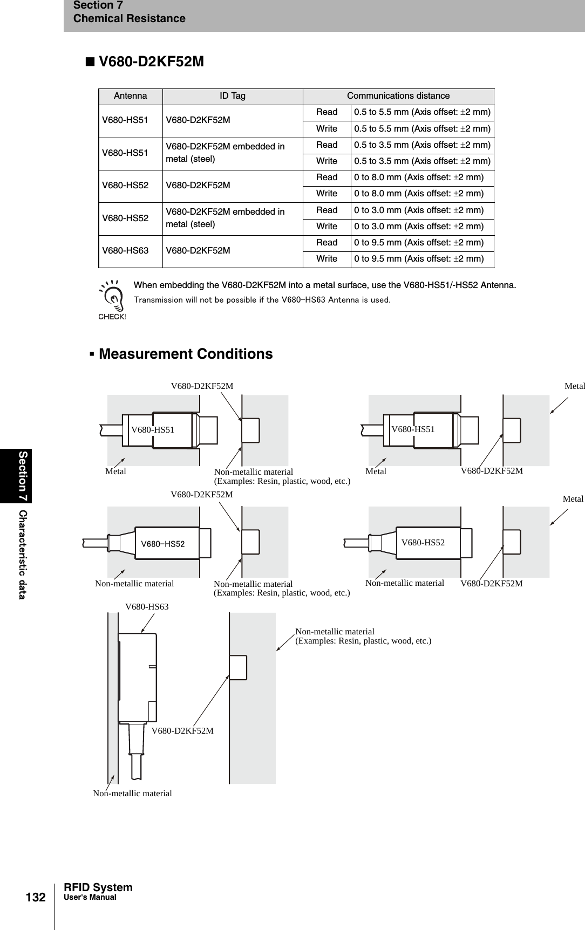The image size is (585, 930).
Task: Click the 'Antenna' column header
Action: coord(130,96)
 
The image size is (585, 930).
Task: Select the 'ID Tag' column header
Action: coord(232,96)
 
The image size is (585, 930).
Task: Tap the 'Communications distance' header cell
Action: coord(398,96)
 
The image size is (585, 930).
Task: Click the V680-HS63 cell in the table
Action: coord(125,251)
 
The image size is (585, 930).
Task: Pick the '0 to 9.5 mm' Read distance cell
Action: coord(418,243)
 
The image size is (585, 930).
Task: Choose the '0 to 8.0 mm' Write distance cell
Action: coord(418,194)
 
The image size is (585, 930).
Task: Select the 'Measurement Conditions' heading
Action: coord(186,354)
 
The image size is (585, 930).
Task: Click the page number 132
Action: coord(36,898)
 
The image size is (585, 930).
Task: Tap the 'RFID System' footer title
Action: coord(98,887)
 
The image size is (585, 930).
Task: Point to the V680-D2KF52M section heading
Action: coord(151,62)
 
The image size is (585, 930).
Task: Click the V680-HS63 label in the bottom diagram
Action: coord(147,607)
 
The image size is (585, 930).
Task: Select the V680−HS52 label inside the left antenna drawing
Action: coord(162,544)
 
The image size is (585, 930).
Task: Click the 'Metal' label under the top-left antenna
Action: coord(115,471)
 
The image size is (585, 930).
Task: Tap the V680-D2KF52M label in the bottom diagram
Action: coord(182,731)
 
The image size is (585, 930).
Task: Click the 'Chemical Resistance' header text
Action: coord(129,18)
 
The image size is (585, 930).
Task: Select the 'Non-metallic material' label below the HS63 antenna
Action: coord(132,794)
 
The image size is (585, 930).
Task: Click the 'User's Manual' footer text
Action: coord(90,897)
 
